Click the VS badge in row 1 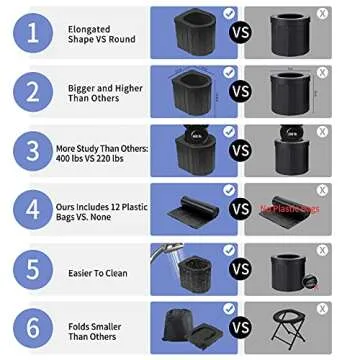[240, 34]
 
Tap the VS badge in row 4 [240, 209]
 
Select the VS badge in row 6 [240, 327]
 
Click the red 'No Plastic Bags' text [290, 209]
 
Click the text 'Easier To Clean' [97, 273]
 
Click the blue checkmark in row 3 [229, 131]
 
